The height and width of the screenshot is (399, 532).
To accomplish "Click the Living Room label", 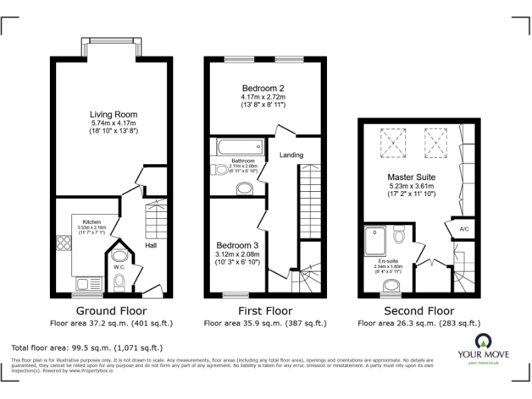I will pos(113,114).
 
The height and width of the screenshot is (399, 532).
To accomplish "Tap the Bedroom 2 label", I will pos(263,88).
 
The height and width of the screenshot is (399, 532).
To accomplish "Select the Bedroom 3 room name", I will pos(237,245).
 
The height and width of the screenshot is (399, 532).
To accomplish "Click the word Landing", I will pos(291,154).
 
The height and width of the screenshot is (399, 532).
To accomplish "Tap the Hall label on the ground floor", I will pos(151,245).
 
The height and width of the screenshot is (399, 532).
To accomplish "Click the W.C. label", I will pos(117,266).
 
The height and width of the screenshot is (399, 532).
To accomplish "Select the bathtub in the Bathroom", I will pos(238,147).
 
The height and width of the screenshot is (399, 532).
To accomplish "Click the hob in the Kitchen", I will pos(64,242).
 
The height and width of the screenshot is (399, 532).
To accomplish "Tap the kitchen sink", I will pos(88,283).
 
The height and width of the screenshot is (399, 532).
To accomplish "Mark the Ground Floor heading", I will pos(111,311).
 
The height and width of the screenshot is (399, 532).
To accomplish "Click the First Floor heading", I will pos(265,311).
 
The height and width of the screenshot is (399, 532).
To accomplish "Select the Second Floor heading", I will pos(418,311).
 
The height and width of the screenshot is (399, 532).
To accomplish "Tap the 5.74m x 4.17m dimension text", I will pos(113,123).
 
